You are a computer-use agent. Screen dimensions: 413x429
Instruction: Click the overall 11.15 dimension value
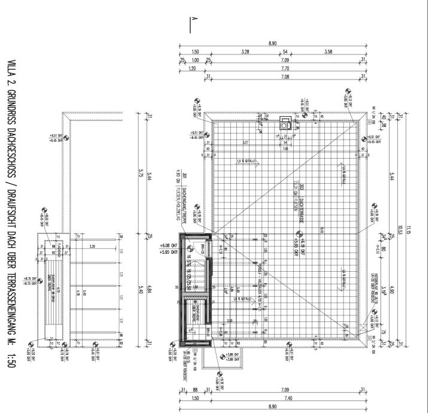[409, 227]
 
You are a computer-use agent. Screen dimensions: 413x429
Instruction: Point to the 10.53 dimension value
[400, 227]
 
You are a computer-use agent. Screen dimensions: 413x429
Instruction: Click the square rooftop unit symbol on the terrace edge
[285, 124]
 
